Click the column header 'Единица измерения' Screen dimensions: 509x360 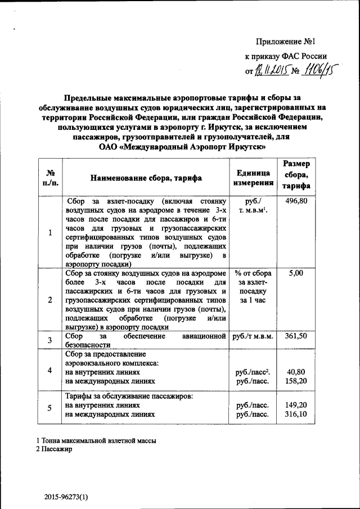[x=253, y=178]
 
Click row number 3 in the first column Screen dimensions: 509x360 [x=50, y=340]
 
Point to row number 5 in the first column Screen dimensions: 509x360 [x=50, y=408]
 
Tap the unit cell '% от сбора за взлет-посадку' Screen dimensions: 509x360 [x=253, y=286]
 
